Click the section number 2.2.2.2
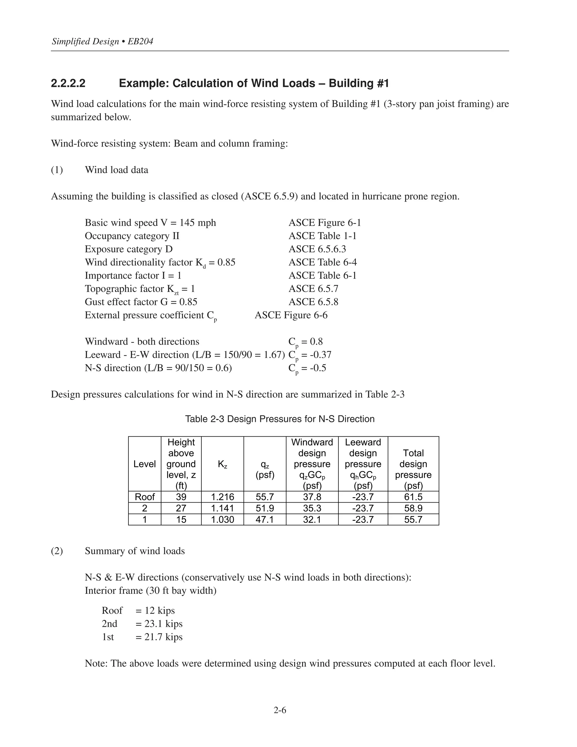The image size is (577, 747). (x=68, y=83)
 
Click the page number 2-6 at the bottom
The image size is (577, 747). (x=279, y=710)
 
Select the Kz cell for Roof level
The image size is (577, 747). (x=223, y=497)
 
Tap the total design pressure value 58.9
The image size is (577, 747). (x=413, y=508)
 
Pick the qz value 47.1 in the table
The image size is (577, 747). (x=265, y=520)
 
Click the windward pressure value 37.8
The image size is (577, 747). (x=312, y=497)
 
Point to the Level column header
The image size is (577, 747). (x=145, y=464)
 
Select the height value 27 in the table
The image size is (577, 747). (x=181, y=508)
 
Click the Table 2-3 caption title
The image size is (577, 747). (x=279, y=419)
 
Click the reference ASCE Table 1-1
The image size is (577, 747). (x=322, y=236)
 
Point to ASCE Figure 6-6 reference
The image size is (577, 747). (x=291, y=315)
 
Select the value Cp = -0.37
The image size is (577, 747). (x=310, y=355)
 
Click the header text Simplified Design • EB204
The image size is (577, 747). (x=103, y=42)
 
